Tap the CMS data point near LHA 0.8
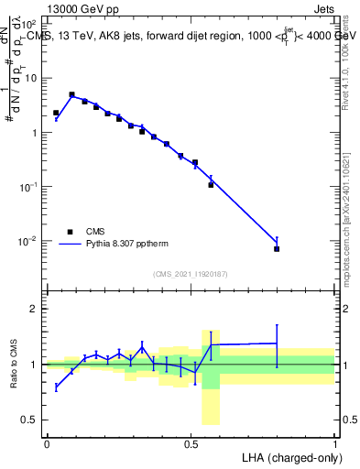(277, 249)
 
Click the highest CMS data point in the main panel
(71, 94)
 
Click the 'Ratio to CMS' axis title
(14, 365)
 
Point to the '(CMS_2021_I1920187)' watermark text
(191, 273)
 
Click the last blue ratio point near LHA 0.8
(277, 344)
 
